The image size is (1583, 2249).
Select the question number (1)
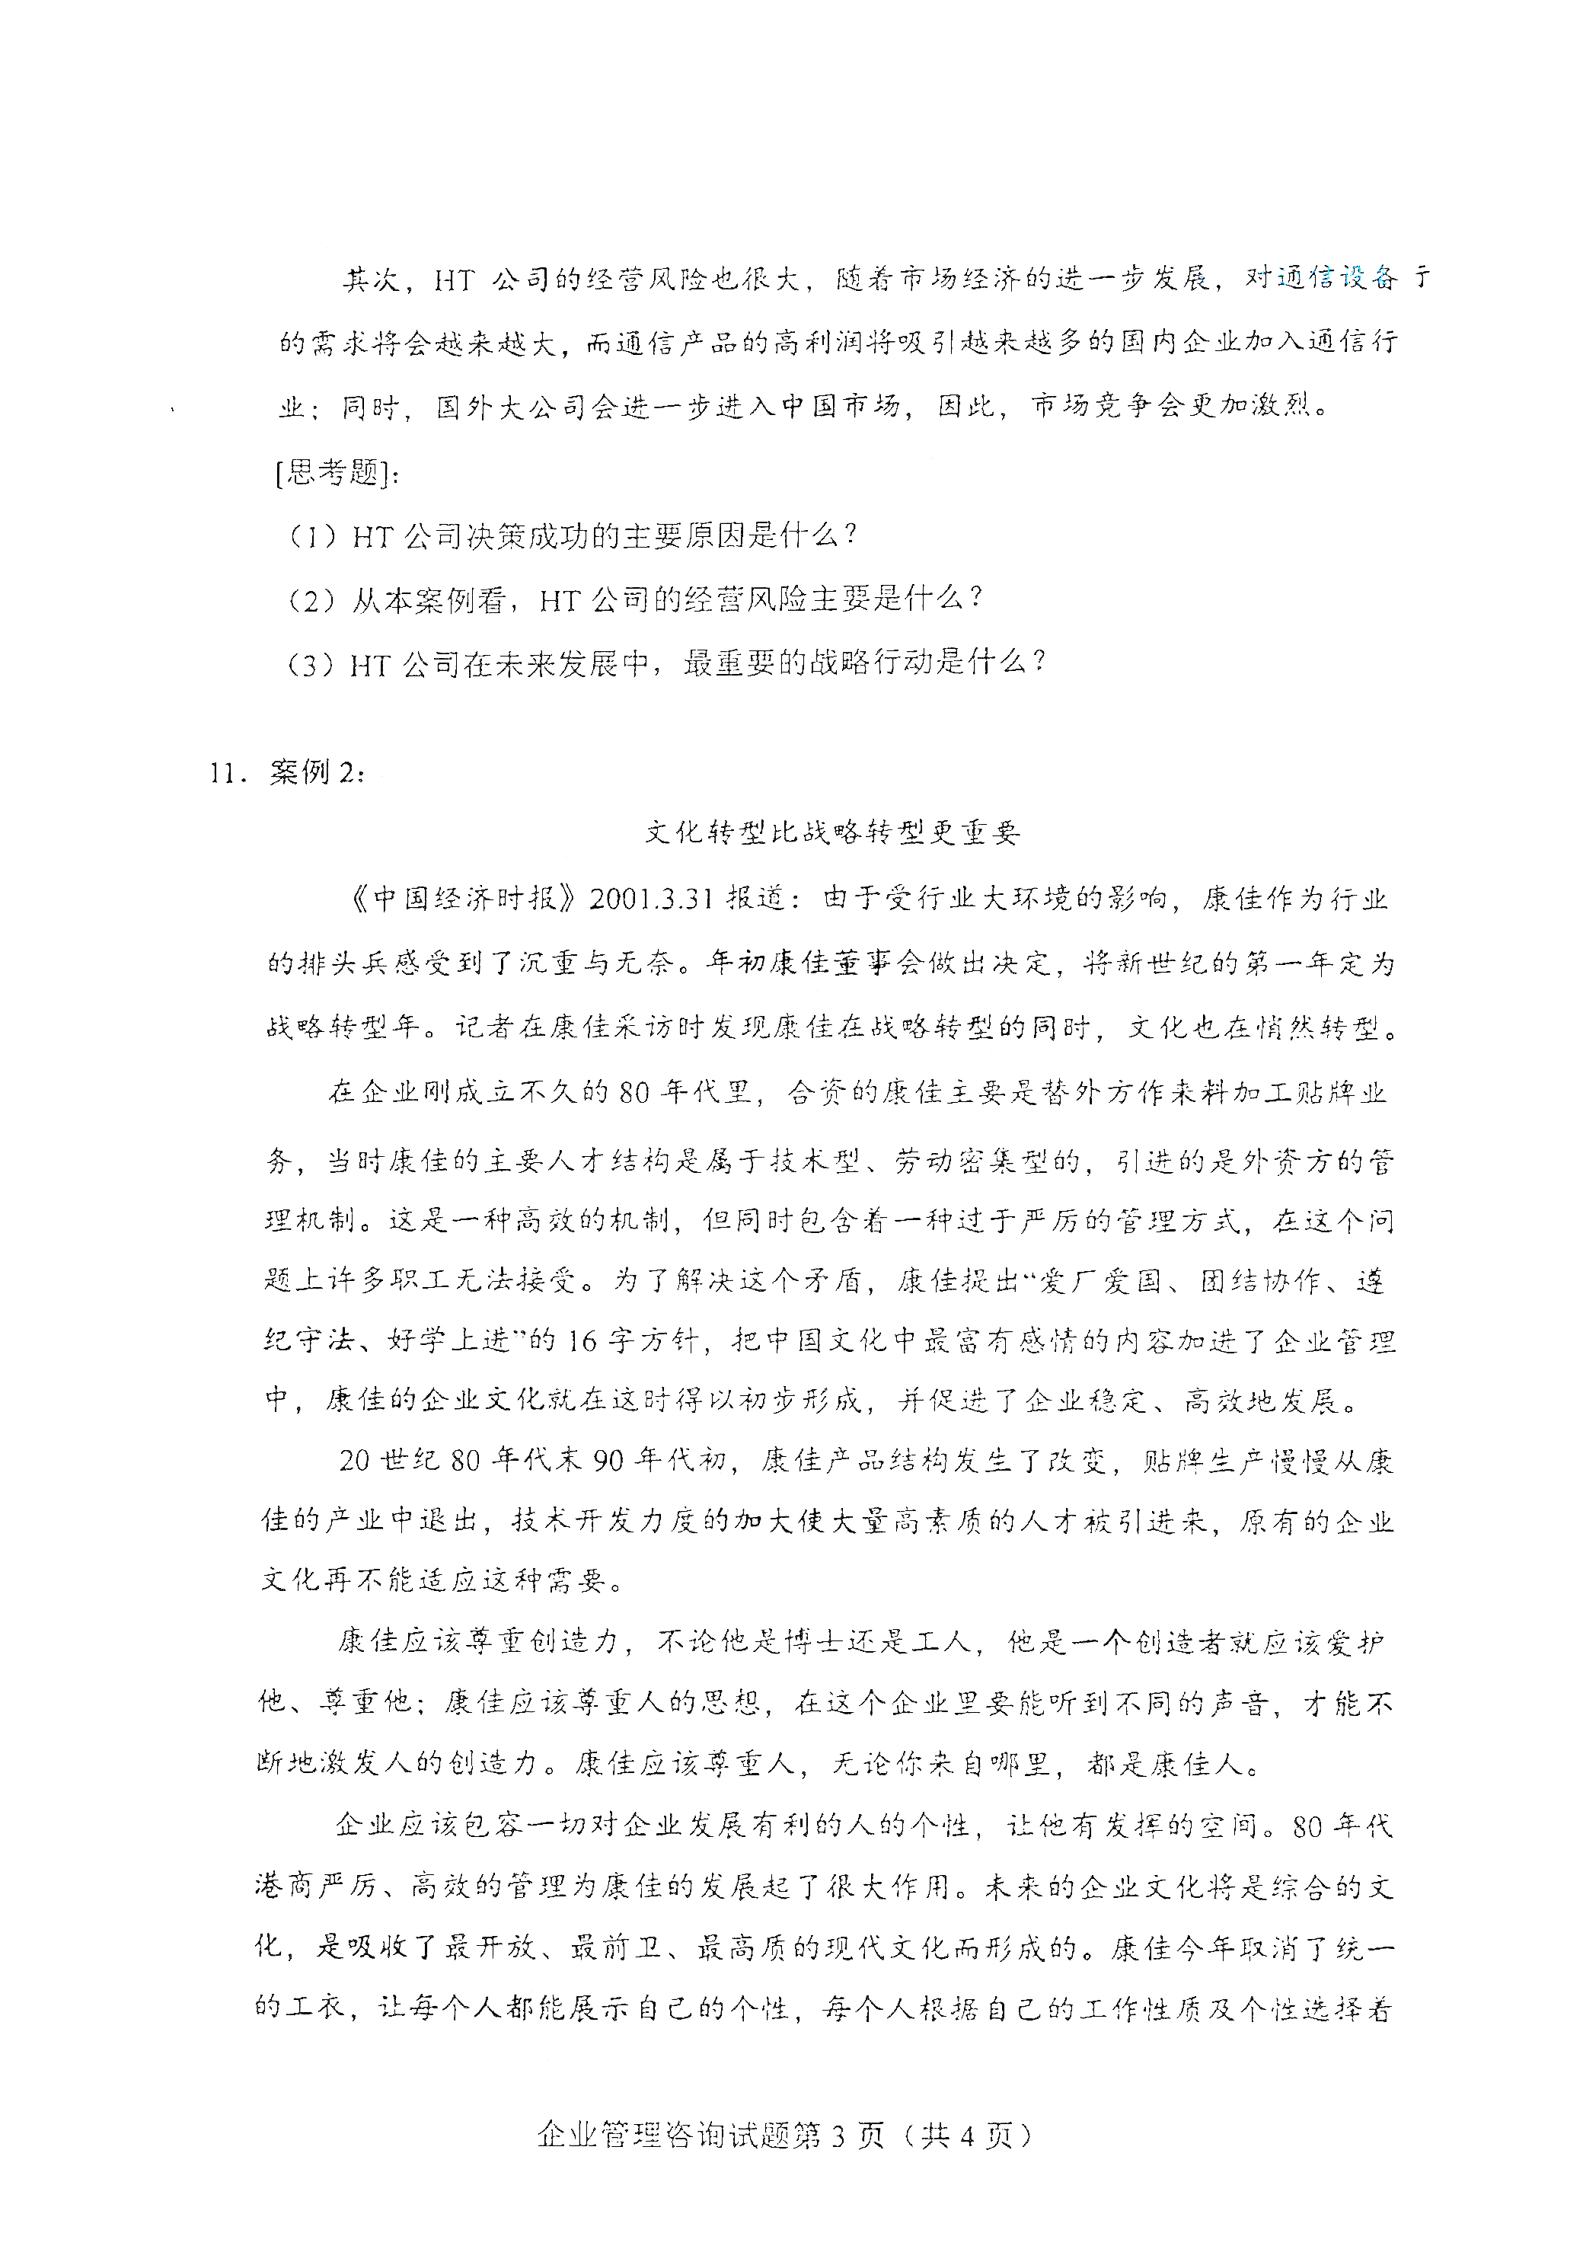click(x=312, y=536)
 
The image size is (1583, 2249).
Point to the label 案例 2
click(x=315, y=773)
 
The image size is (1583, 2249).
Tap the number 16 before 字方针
click(x=581, y=1340)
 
